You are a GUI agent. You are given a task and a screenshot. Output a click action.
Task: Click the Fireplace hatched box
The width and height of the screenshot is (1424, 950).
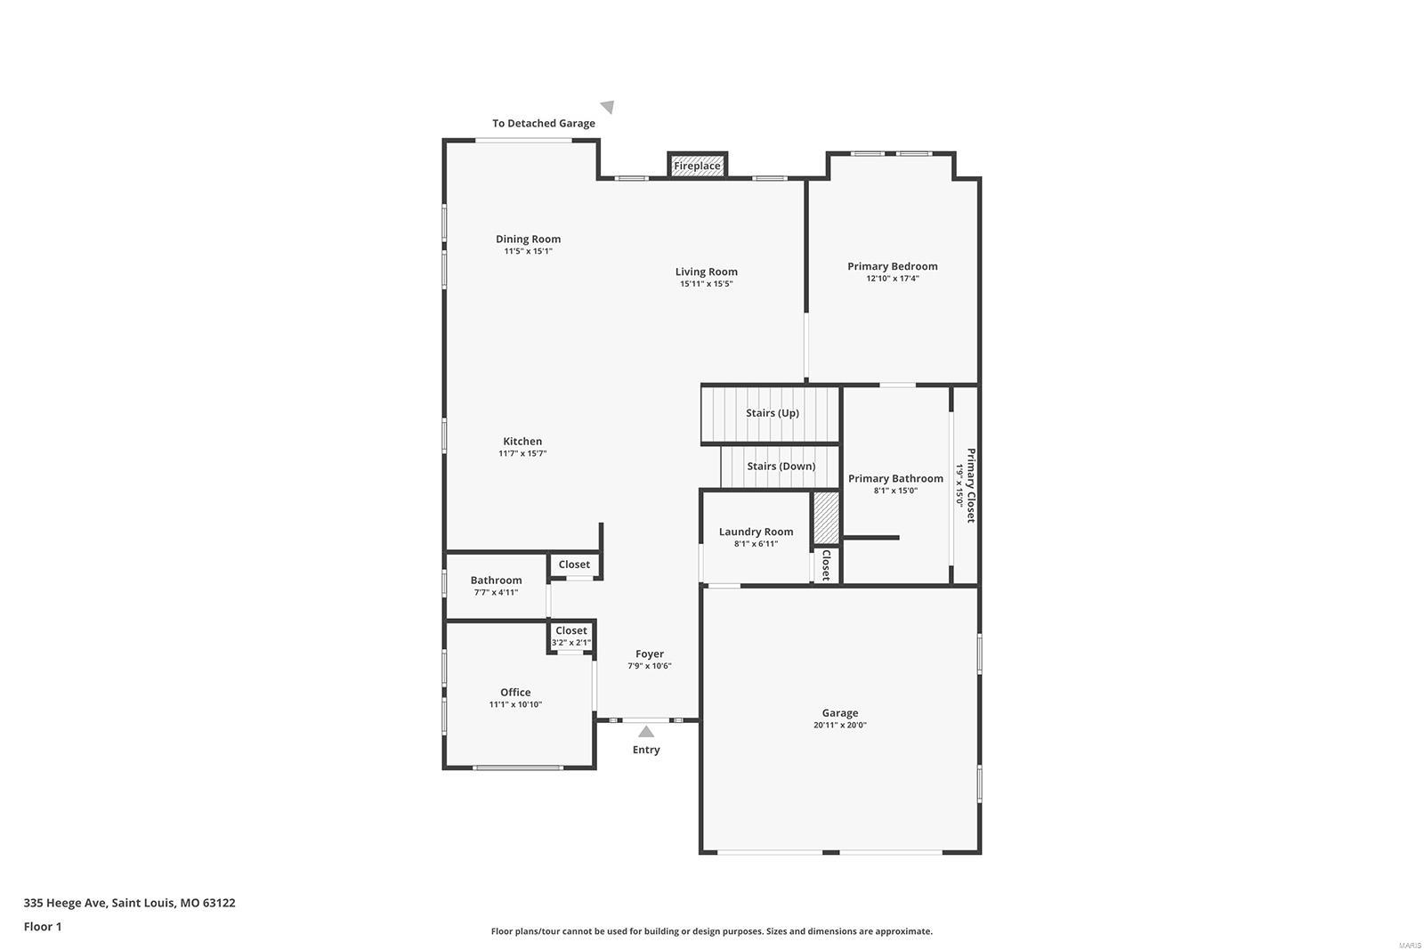click(697, 166)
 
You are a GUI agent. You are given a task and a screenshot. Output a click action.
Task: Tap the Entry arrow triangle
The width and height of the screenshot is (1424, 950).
click(646, 732)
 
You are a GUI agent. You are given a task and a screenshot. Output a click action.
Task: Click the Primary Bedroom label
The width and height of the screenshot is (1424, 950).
click(892, 266)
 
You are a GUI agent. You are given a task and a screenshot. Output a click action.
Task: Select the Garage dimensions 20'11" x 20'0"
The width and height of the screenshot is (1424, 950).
click(839, 726)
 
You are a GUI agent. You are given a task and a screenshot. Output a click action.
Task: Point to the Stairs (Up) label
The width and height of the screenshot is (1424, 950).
click(772, 413)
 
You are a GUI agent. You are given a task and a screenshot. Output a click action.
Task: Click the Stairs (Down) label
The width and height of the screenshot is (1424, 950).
click(781, 467)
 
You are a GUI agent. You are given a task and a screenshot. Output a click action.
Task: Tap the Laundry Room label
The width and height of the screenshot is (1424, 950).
click(756, 532)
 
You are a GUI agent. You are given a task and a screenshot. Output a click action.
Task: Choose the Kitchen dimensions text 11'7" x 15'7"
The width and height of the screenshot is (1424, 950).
click(522, 454)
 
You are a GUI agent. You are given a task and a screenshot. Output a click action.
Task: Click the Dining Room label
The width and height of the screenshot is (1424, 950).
click(528, 239)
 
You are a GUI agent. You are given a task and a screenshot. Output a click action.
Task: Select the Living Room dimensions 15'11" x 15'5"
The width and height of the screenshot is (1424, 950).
click(706, 284)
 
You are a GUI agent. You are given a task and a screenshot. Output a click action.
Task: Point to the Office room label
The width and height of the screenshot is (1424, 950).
click(515, 692)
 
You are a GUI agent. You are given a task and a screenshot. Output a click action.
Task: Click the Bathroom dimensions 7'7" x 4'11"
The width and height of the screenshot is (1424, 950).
click(496, 593)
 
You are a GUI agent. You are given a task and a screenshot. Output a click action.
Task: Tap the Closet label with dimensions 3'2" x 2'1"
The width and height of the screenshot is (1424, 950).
click(570, 630)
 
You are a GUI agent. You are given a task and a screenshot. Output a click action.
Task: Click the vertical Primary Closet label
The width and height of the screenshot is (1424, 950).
click(971, 485)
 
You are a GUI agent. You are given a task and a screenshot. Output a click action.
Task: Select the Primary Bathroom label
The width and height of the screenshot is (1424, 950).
click(895, 478)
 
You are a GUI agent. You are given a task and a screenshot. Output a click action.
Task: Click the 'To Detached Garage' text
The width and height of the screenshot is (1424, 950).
click(544, 124)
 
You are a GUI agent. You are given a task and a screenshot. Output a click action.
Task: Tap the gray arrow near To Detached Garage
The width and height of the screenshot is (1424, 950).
click(608, 107)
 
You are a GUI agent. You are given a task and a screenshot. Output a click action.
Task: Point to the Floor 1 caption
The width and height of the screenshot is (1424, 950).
click(43, 927)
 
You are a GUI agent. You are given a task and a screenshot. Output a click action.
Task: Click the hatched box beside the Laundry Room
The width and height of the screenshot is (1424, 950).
click(826, 517)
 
